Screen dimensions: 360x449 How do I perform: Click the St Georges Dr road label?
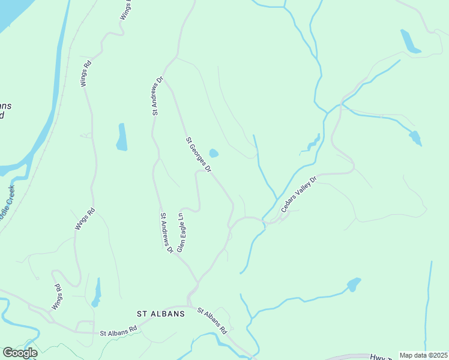point(199,155)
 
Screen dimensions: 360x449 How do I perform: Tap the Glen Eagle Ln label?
point(180,232)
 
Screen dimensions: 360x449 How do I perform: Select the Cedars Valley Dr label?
point(298,194)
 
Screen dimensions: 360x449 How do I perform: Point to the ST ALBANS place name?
point(160,314)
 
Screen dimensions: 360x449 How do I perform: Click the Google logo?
point(20,353)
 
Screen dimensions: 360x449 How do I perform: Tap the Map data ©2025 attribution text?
point(423,355)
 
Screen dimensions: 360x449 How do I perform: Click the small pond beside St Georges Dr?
point(213,154)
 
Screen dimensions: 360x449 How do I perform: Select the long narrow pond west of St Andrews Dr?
point(122,137)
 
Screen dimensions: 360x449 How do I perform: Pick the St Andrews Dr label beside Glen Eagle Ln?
point(166,232)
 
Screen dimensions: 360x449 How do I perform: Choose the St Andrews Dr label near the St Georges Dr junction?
point(158,95)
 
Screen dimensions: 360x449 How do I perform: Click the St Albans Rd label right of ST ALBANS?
point(212,322)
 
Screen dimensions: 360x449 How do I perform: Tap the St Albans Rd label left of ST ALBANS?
point(118,331)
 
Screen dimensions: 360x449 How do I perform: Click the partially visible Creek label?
point(7,201)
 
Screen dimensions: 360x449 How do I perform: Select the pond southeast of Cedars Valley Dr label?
point(354,284)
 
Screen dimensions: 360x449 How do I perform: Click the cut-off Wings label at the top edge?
point(125,11)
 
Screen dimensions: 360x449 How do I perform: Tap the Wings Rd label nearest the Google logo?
point(56,297)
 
